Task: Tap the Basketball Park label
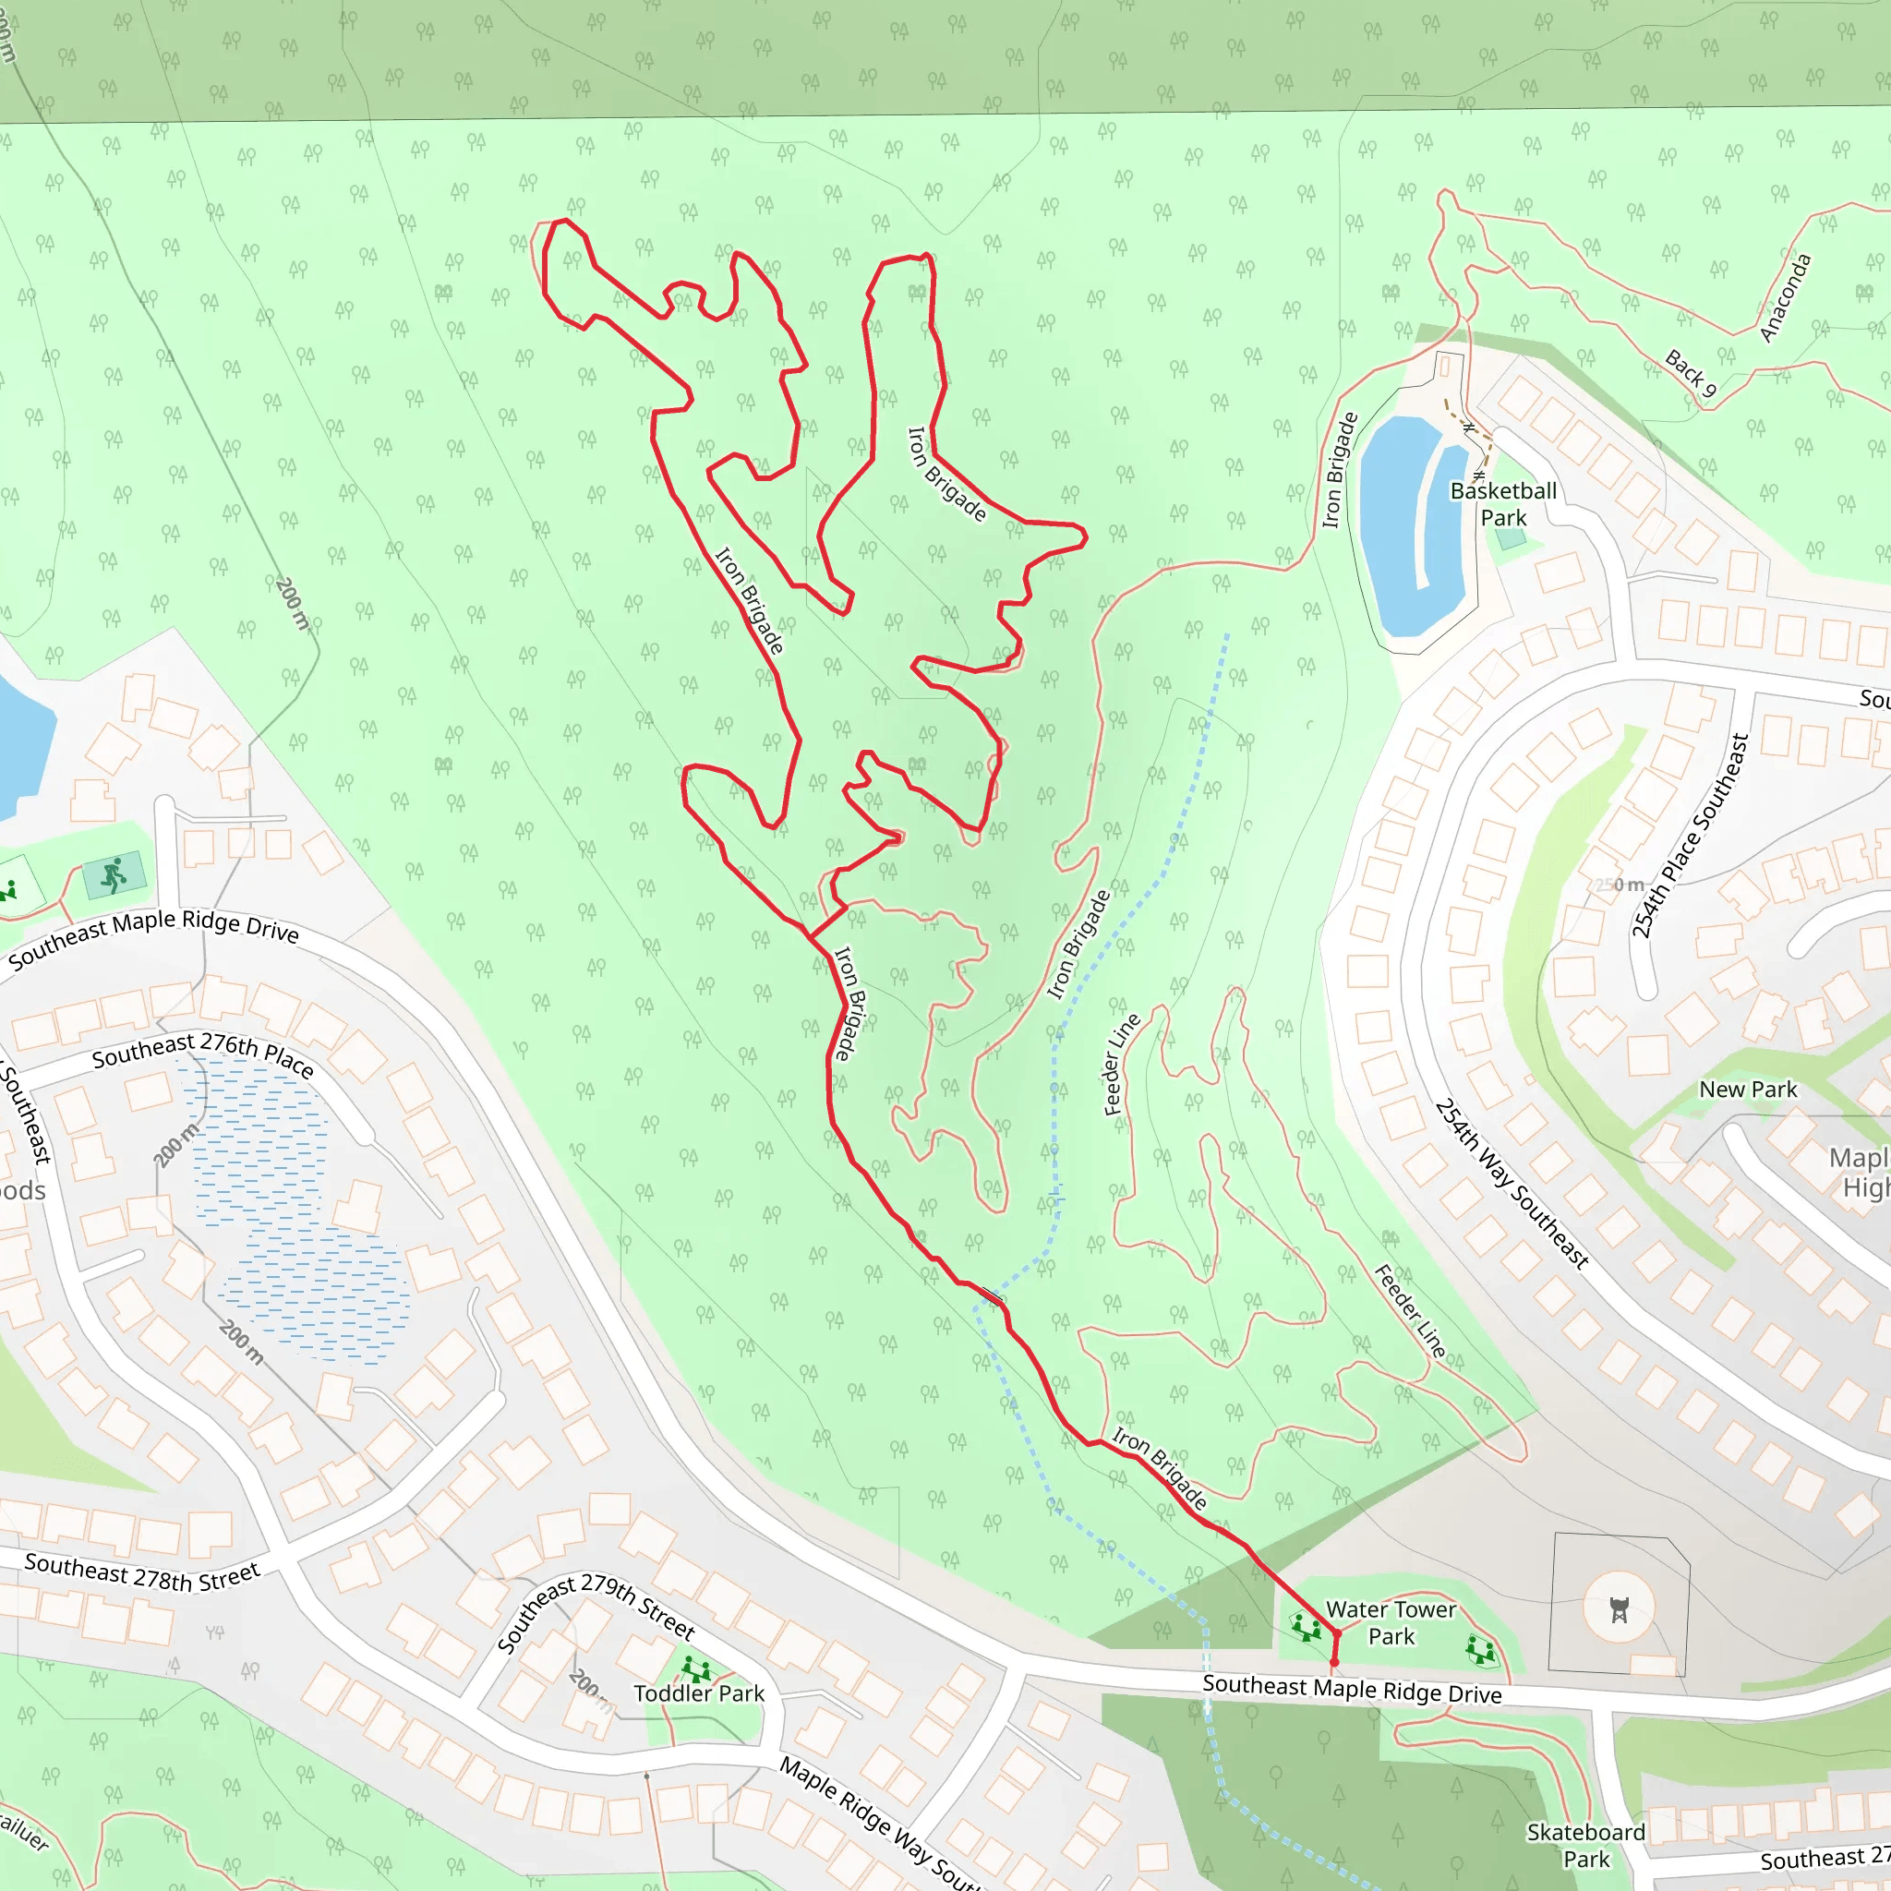tap(1503, 504)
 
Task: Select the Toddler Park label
tap(699, 1693)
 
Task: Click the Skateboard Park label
tap(1585, 1845)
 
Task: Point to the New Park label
tap(1748, 1090)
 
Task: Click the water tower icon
tap(1619, 1609)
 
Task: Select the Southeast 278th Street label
tap(143, 1572)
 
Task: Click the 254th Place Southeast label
tap(1691, 836)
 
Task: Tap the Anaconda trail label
tap(1787, 297)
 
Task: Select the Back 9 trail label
tap(1692, 374)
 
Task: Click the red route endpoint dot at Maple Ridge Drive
tap(1334, 1663)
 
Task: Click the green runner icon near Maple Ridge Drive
tap(114, 874)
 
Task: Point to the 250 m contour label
tap(1620, 885)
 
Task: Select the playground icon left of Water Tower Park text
tap(1307, 1628)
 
